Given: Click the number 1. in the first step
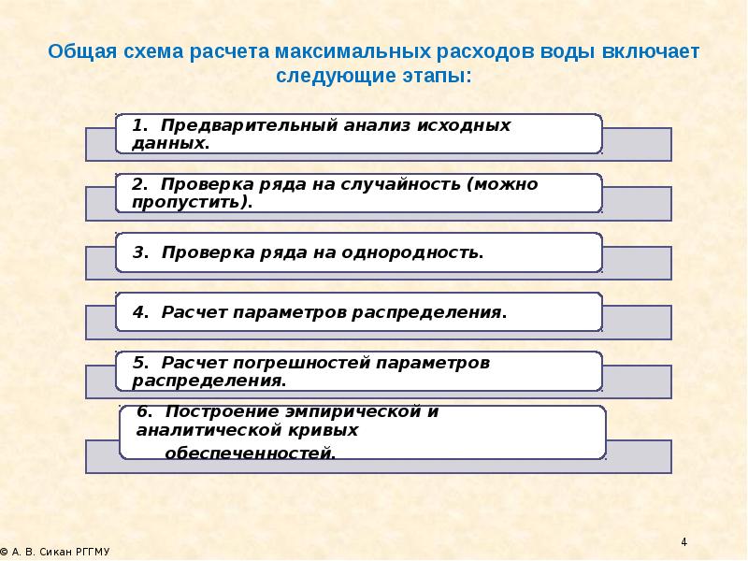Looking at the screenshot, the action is pos(140,125).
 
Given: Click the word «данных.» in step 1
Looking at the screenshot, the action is pos(171,144).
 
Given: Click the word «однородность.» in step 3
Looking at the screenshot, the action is pos(420,253).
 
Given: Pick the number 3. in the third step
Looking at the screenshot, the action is pos(141,253).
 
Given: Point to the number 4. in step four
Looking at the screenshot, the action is pos(141,312).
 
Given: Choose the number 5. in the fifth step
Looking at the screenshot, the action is pos(141,363).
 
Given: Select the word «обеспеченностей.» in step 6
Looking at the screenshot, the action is pos(251,453).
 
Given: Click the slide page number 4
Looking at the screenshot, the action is pos(683,543).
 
